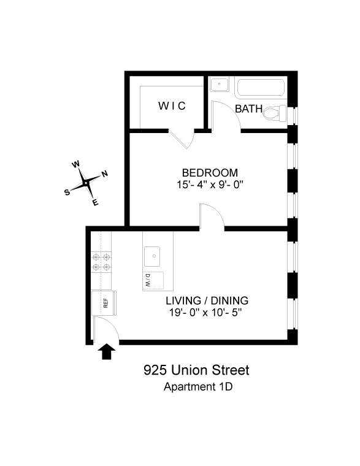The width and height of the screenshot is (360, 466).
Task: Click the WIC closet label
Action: pyautogui.click(x=172, y=106)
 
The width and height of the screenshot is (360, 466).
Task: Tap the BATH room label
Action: pyautogui.click(x=249, y=109)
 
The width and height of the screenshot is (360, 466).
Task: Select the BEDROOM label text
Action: pyautogui.click(x=209, y=172)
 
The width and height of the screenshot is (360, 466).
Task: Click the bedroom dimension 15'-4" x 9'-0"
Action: pyautogui.click(x=209, y=184)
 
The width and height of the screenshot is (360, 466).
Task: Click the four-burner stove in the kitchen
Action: pyautogui.click(x=102, y=262)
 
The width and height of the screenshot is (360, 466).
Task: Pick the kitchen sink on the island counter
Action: pyautogui.click(x=153, y=254)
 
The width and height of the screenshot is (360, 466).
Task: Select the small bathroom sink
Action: pyautogui.click(x=221, y=85)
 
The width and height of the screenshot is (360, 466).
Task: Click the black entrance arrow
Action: pyautogui.click(x=107, y=351)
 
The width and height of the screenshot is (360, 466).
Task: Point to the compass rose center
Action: pyautogui.click(x=86, y=182)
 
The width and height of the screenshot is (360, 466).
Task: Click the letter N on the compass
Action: pyautogui.click(x=104, y=174)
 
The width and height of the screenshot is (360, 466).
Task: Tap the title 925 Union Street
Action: pyautogui.click(x=196, y=370)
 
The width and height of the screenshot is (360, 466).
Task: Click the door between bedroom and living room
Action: pyautogui.click(x=212, y=218)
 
